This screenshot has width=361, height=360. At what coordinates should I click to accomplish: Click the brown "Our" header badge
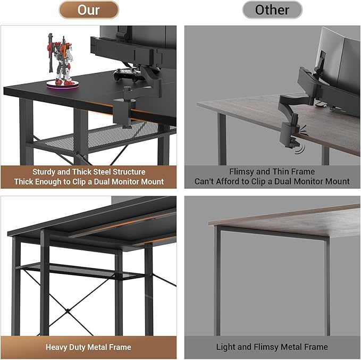(x=89, y=10)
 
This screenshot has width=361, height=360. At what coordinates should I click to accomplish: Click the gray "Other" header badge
(x=272, y=10)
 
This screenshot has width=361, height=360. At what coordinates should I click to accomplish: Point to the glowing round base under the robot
(x=63, y=85)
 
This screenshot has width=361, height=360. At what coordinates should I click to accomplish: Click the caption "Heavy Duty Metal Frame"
(x=88, y=347)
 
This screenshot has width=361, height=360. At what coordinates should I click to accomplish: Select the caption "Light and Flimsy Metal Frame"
(x=272, y=347)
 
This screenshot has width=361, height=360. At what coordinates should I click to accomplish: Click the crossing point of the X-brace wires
(x=68, y=311)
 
